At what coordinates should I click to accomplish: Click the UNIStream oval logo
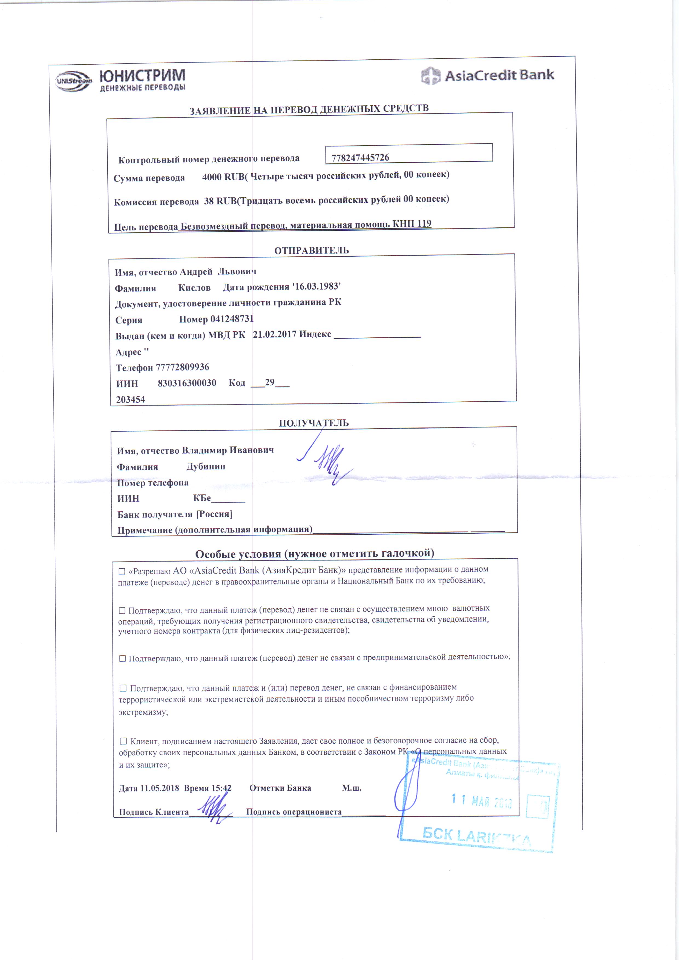[x=74, y=81]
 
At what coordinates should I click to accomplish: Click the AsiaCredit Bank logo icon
[x=430, y=76]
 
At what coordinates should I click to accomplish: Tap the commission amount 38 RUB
[x=220, y=201]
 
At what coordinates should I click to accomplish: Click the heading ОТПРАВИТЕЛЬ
[x=311, y=250]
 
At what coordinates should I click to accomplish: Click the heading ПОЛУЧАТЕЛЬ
[x=314, y=423]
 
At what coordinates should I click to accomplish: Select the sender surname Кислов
[x=194, y=288]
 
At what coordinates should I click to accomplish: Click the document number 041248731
[x=232, y=319]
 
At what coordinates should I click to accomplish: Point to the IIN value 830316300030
[x=187, y=383]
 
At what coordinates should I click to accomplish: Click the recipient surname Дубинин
[x=206, y=466]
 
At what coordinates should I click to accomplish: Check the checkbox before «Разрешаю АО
[x=122, y=571]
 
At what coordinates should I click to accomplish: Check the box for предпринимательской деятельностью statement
[x=123, y=658]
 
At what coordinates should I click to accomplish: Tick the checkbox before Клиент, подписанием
[x=123, y=741]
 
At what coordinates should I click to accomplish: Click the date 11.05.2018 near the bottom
[x=159, y=788]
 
